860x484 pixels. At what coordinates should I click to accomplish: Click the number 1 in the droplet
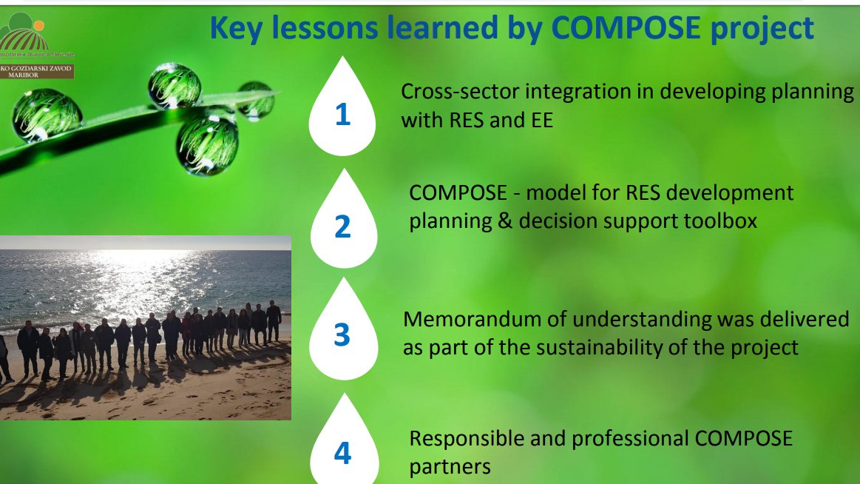pos(342,115)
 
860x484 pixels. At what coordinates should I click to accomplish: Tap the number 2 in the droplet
pos(342,226)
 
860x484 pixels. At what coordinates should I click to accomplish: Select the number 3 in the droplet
pos(342,335)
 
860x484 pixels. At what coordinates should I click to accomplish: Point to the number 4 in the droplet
pos(342,452)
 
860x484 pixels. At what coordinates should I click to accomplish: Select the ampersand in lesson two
pos(505,221)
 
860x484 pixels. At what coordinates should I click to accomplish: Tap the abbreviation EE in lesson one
pos(541,120)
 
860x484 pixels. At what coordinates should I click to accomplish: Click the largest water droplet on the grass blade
pos(207,141)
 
